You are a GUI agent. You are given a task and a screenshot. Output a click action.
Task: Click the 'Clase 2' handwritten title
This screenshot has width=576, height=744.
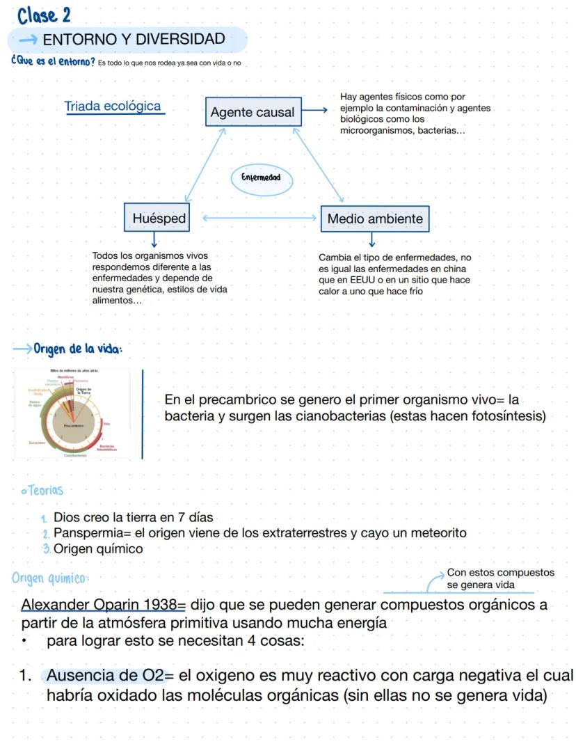coord(45,14)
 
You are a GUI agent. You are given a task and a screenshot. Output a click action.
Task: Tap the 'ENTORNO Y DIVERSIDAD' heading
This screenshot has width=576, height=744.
coord(134,40)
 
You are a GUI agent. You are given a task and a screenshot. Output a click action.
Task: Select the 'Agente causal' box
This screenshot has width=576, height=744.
coord(253,112)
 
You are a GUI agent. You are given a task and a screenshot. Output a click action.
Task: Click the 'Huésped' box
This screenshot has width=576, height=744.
coord(159,219)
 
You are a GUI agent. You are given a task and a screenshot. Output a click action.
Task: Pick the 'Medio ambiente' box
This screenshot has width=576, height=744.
coord(375,219)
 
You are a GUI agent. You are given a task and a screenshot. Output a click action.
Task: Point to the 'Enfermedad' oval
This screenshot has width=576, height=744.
coord(261,178)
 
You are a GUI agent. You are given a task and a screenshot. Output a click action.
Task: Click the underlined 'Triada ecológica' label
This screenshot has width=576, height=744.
coord(113,106)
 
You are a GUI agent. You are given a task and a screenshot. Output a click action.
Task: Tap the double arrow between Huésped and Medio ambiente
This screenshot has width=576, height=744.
coord(260,219)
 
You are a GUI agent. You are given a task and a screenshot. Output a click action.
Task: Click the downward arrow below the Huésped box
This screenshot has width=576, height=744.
coord(154,240)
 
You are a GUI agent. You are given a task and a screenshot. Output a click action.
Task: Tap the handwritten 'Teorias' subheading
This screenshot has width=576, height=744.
coord(45,490)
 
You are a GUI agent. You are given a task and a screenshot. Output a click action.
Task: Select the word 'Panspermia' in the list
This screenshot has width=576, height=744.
coord(86,533)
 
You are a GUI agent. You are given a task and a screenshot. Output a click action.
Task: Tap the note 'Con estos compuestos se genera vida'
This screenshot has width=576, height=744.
coord(500,578)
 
